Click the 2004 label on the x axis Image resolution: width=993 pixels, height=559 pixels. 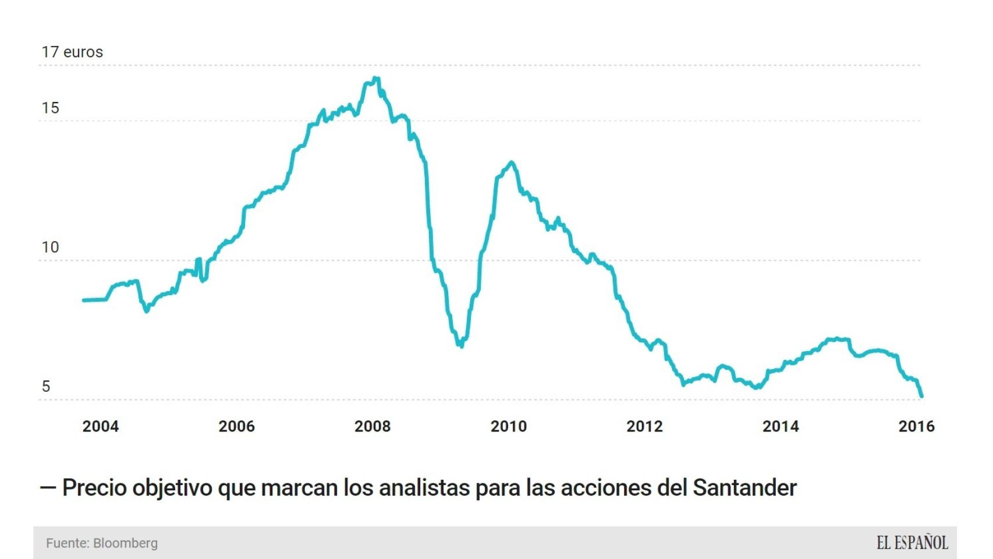click(100, 426)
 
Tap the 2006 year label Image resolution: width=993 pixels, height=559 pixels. click(236, 426)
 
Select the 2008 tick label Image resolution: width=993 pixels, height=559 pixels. click(373, 426)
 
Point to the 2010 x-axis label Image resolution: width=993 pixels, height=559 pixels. click(508, 426)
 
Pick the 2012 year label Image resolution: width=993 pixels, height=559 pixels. click(644, 426)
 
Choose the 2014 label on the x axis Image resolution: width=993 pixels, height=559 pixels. click(781, 426)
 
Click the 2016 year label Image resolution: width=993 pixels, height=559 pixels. click(916, 426)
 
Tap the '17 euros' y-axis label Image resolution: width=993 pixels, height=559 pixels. click(72, 52)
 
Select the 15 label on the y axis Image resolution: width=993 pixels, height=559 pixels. click(50, 108)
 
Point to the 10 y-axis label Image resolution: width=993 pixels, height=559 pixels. click(50, 247)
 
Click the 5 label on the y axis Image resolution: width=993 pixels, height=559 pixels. click(46, 386)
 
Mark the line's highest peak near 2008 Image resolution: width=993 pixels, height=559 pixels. click(377, 78)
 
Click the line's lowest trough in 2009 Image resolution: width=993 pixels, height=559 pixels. click(461, 346)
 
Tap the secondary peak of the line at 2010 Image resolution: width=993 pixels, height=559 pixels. click(511, 162)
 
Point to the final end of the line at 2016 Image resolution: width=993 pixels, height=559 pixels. click(921, 396)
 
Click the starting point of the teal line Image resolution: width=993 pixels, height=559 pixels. click(84, 300)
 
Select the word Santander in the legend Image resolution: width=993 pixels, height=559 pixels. click(744, 488)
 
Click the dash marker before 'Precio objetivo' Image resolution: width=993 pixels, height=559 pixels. click(48, 488)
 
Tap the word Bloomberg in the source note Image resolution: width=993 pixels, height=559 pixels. click(125, 543)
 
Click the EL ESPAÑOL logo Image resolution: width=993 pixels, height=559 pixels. click(912, 543)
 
